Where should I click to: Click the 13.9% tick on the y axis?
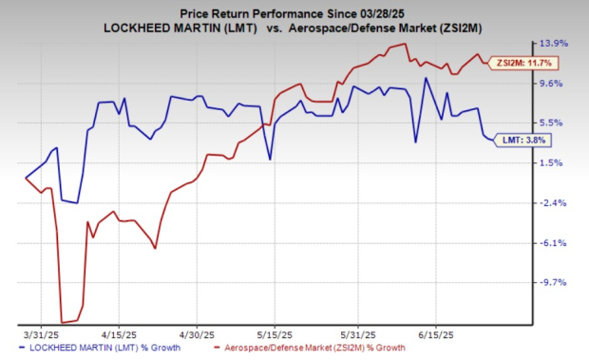pos(555,44)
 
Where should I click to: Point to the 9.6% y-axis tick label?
pos(555,84)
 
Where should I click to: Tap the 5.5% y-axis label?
pos(555,123)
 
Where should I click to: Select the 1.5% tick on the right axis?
pos(555,163)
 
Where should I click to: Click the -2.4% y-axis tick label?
pos(555,203)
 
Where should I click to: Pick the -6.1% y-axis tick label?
pos(555,243)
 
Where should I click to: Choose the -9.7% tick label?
pos(555,283)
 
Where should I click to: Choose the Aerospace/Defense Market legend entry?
pos(298,351)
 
